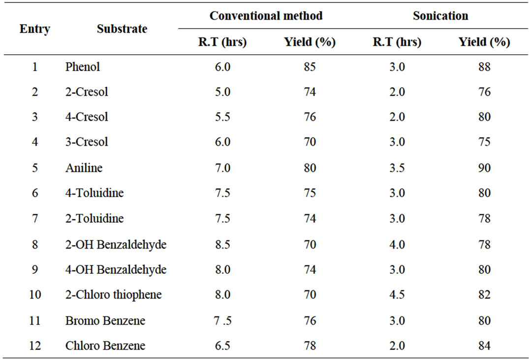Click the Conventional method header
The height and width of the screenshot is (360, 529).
click(x=266, y=16)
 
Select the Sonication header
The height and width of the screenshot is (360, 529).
click(x=440, y=16)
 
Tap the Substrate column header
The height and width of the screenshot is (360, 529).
click(x=122, y=29)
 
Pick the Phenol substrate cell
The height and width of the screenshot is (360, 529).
click(x=83, y=66)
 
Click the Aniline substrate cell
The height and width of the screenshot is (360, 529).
click(x=84, y=168)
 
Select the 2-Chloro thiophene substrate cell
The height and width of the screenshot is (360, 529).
click(x=113, y=295)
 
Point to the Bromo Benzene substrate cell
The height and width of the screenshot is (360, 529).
click(x=105, y=321)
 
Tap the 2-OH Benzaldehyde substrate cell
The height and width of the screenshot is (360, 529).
click(x=116, y=244)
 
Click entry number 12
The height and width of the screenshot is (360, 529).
click(x=35, y=346)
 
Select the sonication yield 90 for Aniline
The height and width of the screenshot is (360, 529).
click(x=484, y=168)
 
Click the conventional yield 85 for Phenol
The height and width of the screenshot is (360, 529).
click(x=310, y=66)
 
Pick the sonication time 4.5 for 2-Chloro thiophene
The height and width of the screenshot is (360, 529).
click(x=397, y=295)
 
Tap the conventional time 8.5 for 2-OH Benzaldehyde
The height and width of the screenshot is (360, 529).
click(x=222, y=244)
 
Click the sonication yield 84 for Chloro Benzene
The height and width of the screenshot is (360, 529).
click(x=484, y=346)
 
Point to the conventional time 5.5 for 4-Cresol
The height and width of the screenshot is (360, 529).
click(x=222, y=117)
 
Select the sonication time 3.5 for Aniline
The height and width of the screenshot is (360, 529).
click(x=397, y=168)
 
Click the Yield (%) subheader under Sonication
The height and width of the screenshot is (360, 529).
click(x=484, y=42)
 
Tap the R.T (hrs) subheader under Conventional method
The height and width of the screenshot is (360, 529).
click(x=222, y=42)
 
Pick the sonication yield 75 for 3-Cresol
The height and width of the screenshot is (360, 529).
click(x=484, y=142)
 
